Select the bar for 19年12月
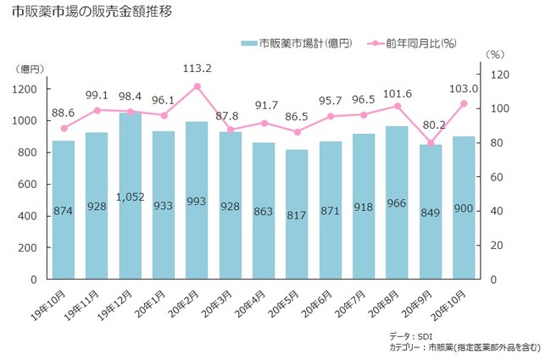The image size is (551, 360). tap(130, 195)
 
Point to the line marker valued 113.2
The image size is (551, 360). tap(197, 86)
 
